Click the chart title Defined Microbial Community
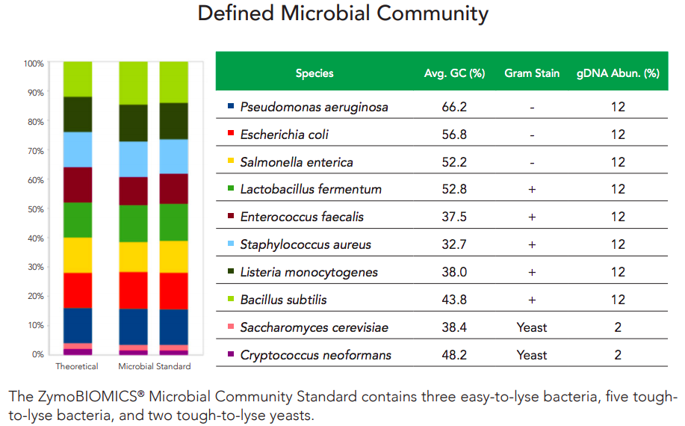tap(343, 13)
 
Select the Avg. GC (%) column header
tap(454, 73)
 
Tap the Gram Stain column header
tap(532, 73)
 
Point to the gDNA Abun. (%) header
tap(618, 73)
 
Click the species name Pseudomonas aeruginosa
tap(314, 107)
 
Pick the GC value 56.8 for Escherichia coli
tap(454, 135)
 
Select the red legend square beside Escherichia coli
tap(231, 133)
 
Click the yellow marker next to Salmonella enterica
tap(231, 161)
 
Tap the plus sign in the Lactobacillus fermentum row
tap(532, 190)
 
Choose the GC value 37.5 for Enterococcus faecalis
tap(454, 217)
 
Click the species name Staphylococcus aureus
tap(306, 244)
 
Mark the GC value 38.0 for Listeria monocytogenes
tap(454, 272)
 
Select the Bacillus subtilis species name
tap(283, 300)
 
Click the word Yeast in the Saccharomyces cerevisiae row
tap(532, 327)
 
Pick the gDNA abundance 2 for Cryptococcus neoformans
tap(618, 355)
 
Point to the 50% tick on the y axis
tap(35, 209)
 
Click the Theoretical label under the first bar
tap(77, 366)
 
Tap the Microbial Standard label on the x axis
tap(154, 366)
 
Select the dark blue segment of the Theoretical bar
tap(78, 326)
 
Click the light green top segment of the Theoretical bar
tap(78, 79)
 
